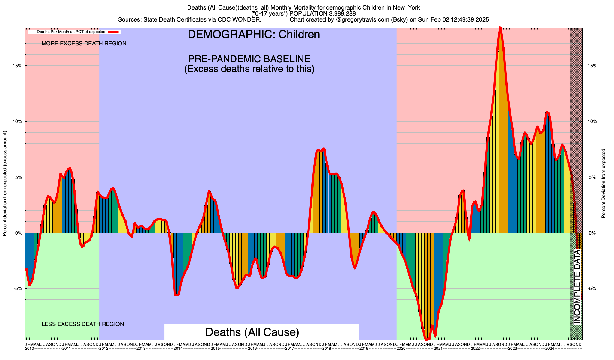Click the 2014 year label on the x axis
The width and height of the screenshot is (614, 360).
178,349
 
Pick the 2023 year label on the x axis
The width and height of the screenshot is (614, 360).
512,349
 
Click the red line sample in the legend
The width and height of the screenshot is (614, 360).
114,31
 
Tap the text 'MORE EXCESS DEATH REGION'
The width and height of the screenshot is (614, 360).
84,43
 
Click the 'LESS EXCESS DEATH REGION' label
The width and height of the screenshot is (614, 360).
83,324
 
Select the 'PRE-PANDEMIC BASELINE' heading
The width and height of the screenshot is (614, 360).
249,59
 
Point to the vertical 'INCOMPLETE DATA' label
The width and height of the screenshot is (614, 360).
577,287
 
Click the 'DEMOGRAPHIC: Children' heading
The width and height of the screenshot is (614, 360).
254,34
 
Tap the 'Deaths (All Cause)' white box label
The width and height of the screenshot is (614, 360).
252,332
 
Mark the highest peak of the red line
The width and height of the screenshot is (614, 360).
500,28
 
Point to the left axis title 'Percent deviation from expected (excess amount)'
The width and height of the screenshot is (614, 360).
5,183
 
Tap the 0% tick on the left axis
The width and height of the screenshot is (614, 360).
19,233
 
